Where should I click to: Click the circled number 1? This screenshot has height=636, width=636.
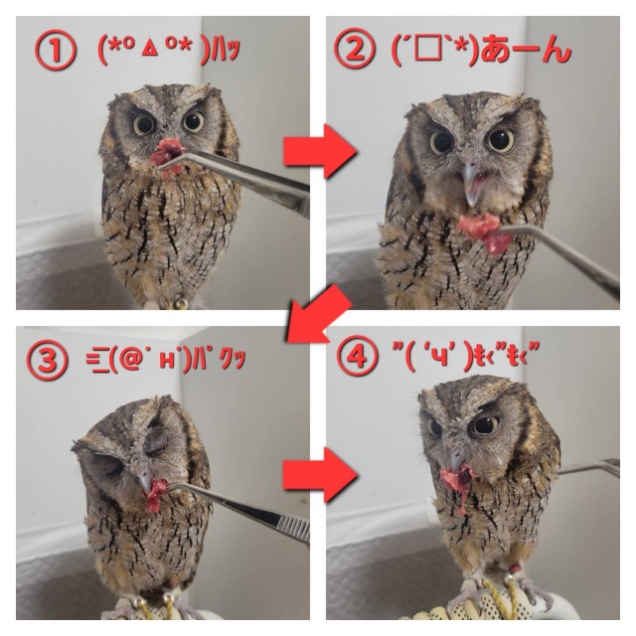coord(56,51)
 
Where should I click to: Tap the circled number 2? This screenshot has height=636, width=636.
coord(355,49)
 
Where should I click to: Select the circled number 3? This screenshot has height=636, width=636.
coord(47,360)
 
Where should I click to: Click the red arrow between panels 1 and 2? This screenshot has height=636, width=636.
coord(320,151)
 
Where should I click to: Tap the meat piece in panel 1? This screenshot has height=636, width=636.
coord(167,156)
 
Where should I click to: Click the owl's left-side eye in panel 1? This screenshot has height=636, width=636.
coord(143,124)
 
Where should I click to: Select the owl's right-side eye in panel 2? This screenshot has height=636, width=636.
coord(501,140)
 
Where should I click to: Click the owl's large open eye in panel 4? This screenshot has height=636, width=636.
coord(485,424)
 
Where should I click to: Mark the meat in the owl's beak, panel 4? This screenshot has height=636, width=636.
coord(458,485)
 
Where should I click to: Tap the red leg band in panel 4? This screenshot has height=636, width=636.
coord(515,569)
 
